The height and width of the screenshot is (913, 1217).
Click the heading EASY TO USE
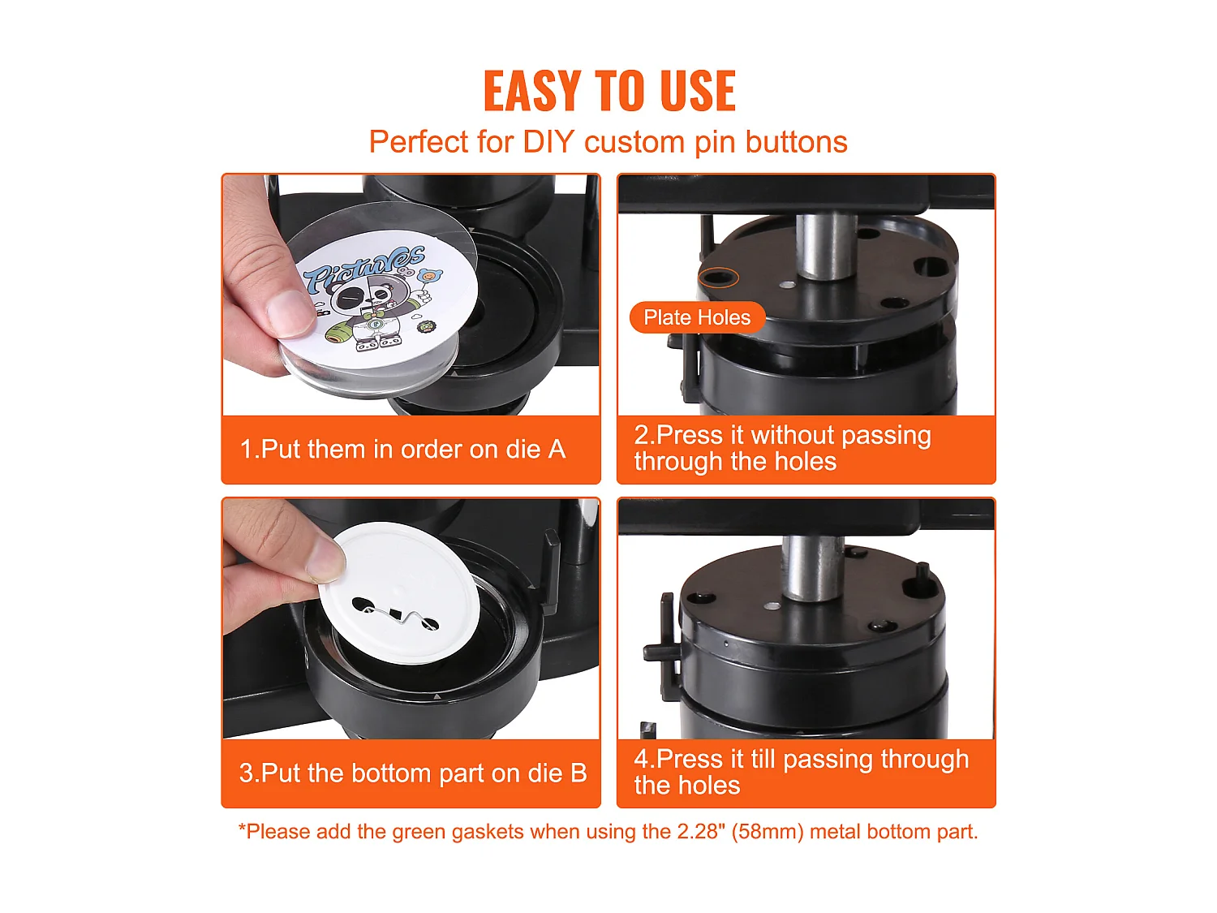(608, 90)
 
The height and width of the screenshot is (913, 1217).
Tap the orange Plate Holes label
(697, 317)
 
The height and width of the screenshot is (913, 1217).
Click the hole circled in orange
(718, 278)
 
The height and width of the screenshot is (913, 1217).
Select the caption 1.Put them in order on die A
(402, 449)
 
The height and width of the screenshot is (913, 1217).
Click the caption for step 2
(782, 448)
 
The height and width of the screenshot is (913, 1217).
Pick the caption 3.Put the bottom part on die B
(412, 773)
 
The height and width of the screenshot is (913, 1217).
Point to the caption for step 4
(801, 772)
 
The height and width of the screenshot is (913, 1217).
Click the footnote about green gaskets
(608, 832)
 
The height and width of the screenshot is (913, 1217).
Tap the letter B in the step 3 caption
(578, 773)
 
